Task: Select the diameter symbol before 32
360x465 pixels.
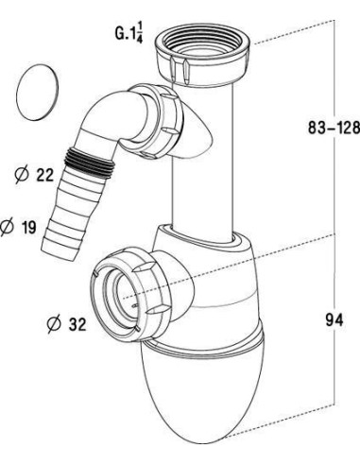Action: click(x=54, y=324)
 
